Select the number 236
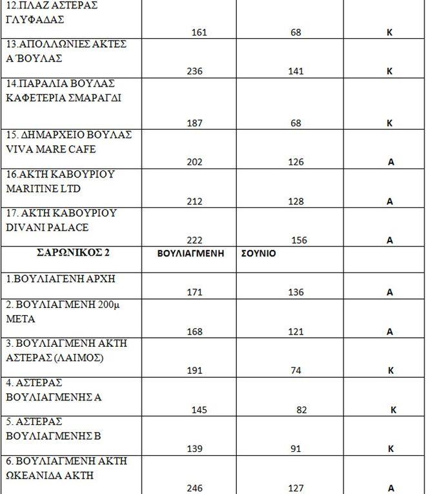(x=194, y=71)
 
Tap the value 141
(x=296, y=71)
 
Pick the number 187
(x=194, y=123)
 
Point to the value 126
(x=296, y=162)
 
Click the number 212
(x=194, y=201)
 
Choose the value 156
(x=299, y=240)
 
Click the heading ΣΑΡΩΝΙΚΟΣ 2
(x=73, y=252)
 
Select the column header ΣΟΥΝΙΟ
(x=258, y=253)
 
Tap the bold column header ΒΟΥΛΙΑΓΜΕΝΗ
(x=191, y=253)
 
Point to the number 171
(x=194, y=293)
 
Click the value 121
(x=296, y=332)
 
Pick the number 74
(x=296, y=371)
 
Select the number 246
(x=194, y=488)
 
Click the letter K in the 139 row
(x=390, y=449)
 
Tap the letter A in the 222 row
(x=390, y=240)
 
